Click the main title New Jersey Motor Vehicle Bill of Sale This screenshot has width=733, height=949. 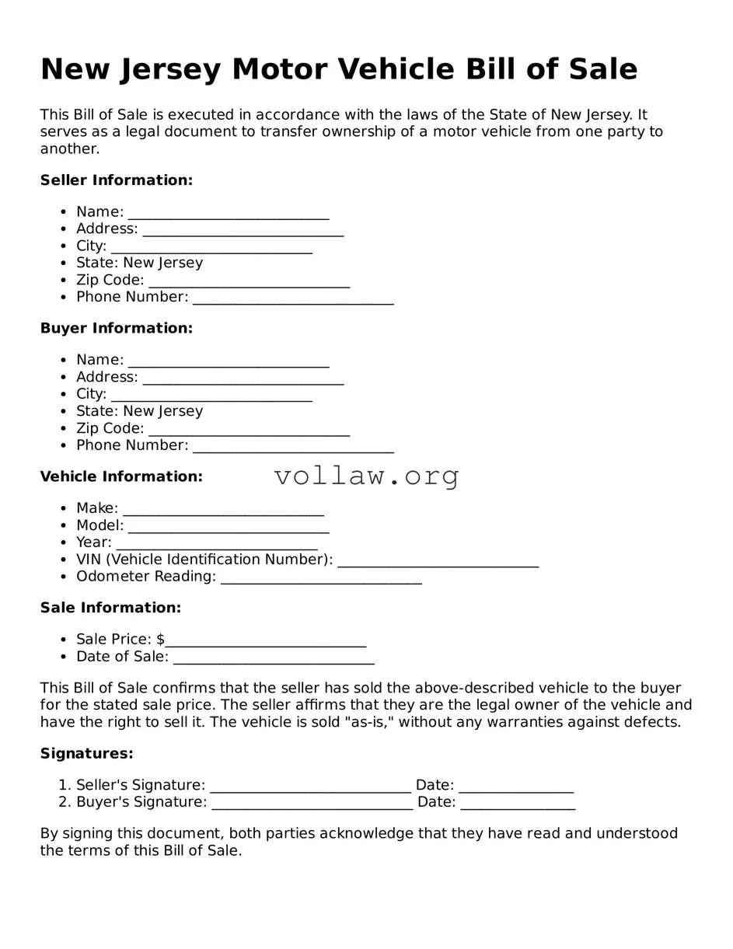(x=339, y=70)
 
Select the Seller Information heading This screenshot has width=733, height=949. (x=116, y=180)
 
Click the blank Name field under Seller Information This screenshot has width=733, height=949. (x=229, y=213)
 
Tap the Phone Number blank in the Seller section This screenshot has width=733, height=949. (x=293, y=298)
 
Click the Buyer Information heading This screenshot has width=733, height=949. (x=116, y=329)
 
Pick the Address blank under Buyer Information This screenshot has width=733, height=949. (x=243, y=379)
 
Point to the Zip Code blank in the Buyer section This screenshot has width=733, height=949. (x=249, y=430)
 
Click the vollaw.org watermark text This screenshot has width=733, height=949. (x=367, y=476)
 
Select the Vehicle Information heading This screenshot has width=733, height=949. (x=121, y=476)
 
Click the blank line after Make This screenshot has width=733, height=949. (x=223, y=510)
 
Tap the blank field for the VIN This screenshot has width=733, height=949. (x=438, y=561)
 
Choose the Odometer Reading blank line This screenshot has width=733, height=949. (x=321, y=578)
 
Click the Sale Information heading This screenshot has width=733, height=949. (x=110, y=608)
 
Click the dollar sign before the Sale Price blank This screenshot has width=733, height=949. (x=160, y=640)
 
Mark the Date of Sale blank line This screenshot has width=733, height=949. (x=274, y=658)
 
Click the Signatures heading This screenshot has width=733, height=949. (x=86, y=754)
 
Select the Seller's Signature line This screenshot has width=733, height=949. (x=310, y=787)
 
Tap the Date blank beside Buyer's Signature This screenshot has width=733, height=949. (x=518, y=804)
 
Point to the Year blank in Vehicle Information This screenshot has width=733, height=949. (x=216, y=544)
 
